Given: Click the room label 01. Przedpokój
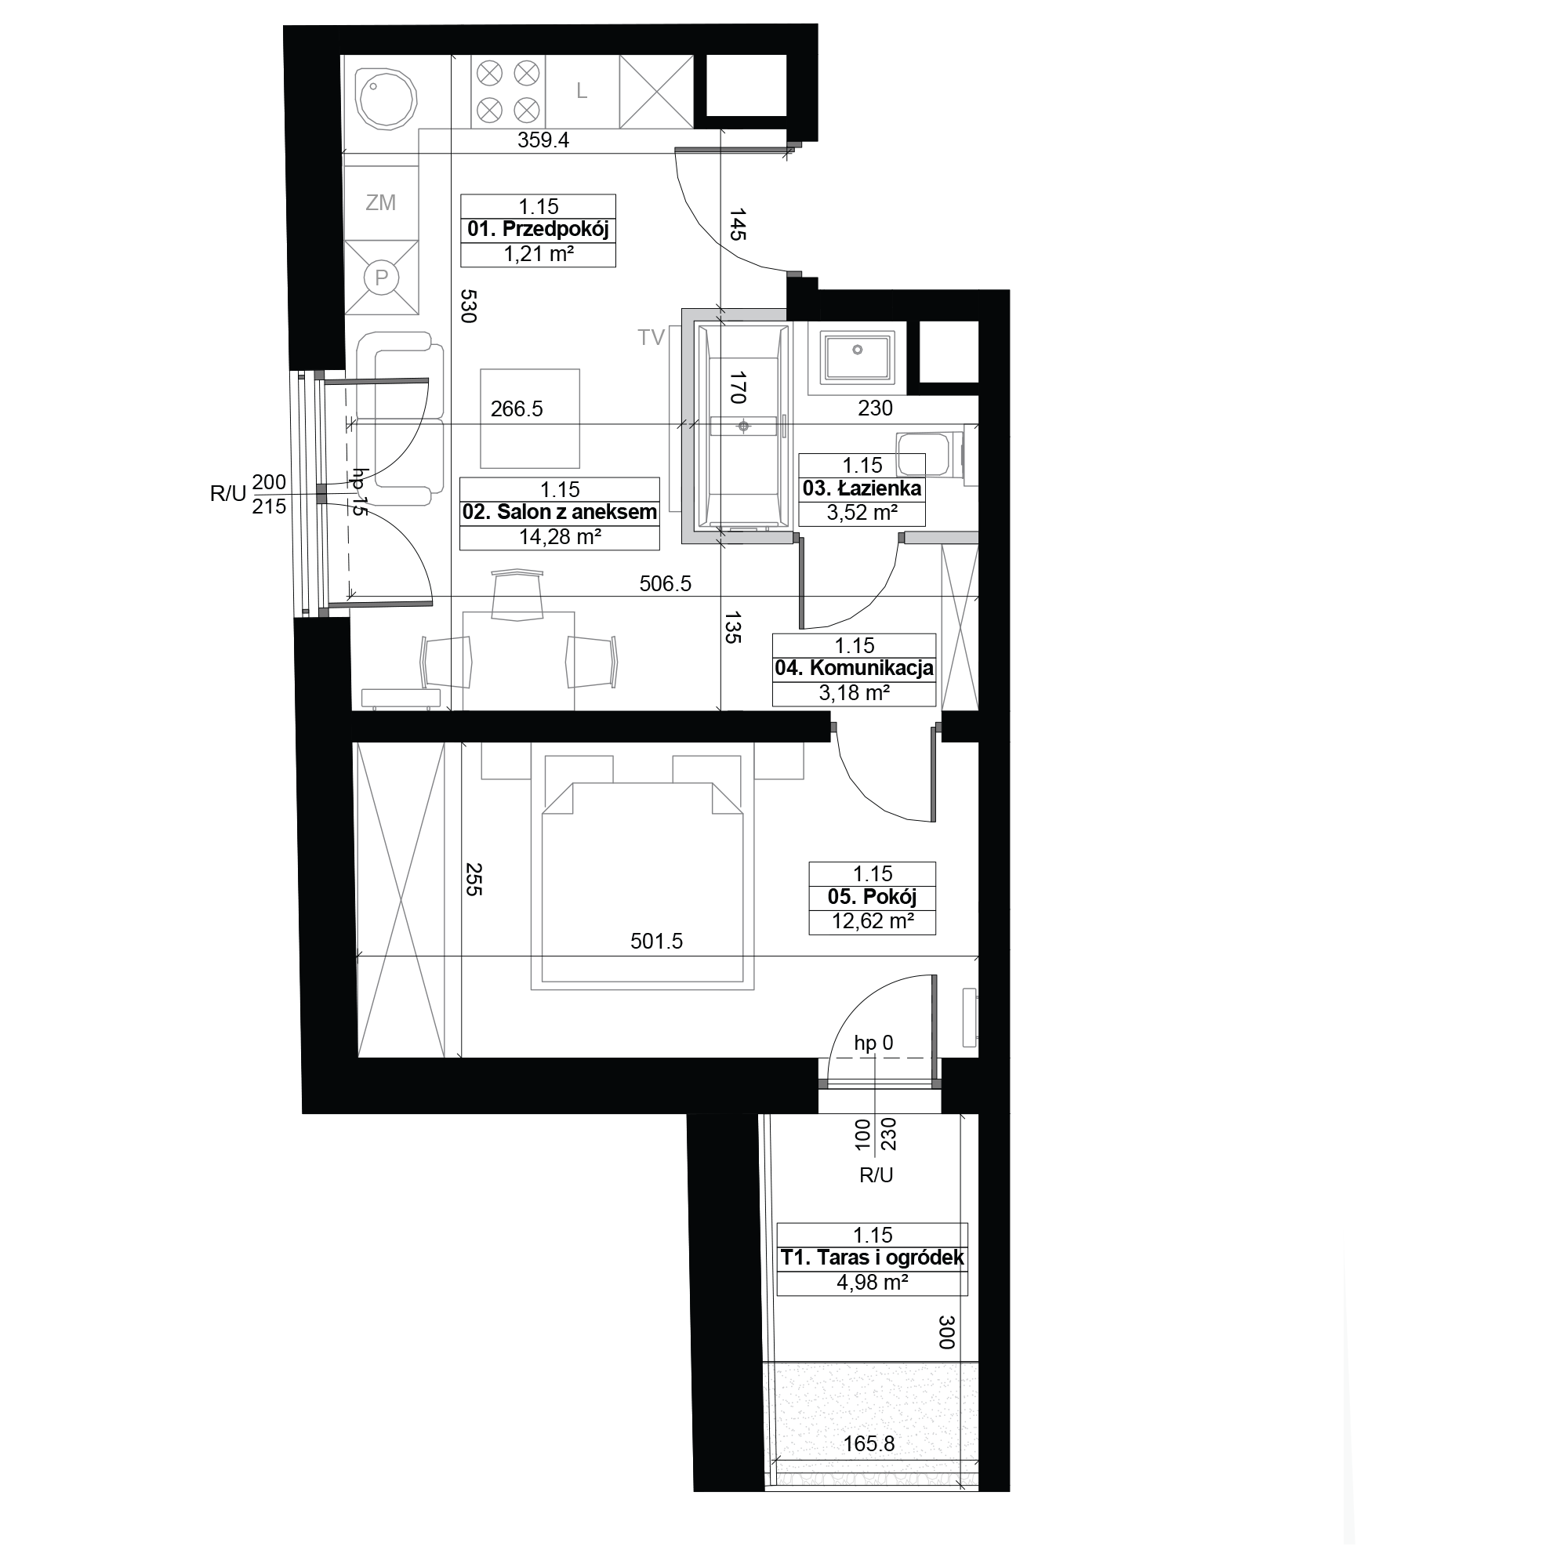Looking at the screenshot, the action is [x=538, y=230].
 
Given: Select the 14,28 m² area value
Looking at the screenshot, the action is [x=560, y=536].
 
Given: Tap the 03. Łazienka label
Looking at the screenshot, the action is [x=862, y=488].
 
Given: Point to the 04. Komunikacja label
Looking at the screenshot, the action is [x=854, y=669].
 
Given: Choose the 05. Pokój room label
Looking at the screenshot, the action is [x=873, y=897].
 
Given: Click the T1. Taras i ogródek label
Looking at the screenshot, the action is [x=873, y=1258].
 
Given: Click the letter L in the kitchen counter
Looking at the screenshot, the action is [x=582, y=91].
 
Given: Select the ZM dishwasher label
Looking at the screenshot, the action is [x=381, y=203].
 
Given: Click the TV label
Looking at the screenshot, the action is [x=651, y=338].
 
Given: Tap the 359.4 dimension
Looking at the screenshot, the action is [x=544, y=140].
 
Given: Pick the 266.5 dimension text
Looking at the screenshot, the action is [x=516, y=408].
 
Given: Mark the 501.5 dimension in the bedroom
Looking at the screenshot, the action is [x=656, y=942].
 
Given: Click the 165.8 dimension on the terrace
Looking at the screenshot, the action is [x=869, y=1444].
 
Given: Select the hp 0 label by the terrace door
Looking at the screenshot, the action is [x=873, y=1043].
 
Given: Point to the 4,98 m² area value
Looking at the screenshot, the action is [x=873, y=1283].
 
